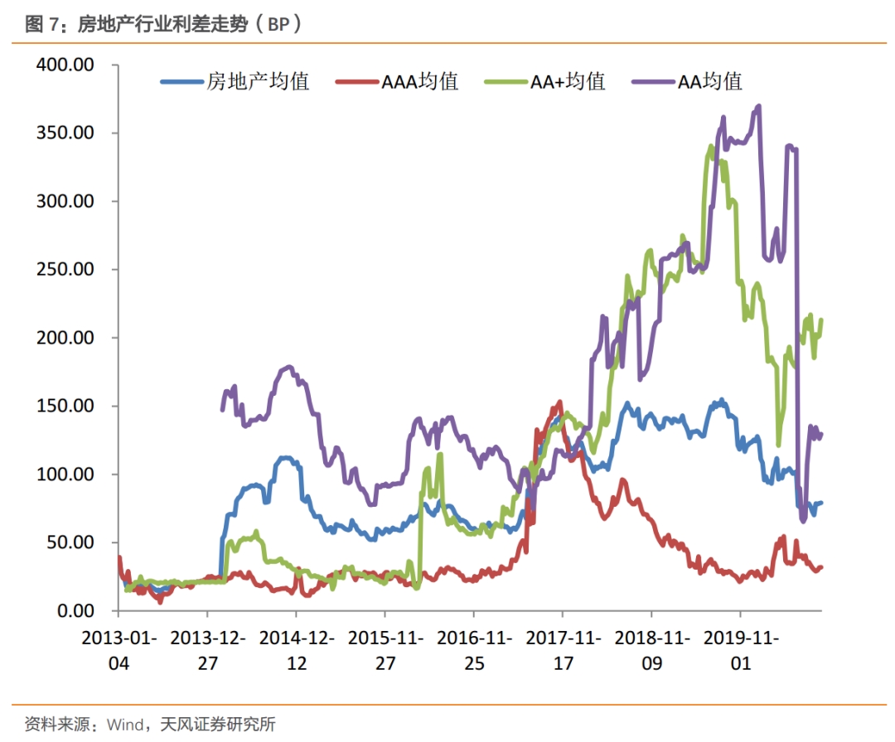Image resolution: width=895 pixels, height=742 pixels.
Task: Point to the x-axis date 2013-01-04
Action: point(119,651)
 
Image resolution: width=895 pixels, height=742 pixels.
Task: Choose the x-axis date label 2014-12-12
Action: point(297,651)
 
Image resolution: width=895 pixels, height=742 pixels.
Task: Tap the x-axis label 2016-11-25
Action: point(474,651)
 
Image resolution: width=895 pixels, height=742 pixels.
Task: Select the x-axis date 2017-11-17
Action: point(563,651)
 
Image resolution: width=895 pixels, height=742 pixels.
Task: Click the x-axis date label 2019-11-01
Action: point(740,651)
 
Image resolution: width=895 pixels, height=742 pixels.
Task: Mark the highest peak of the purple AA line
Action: point(758,106)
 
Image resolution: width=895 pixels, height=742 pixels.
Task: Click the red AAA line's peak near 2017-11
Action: point(560,402)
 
